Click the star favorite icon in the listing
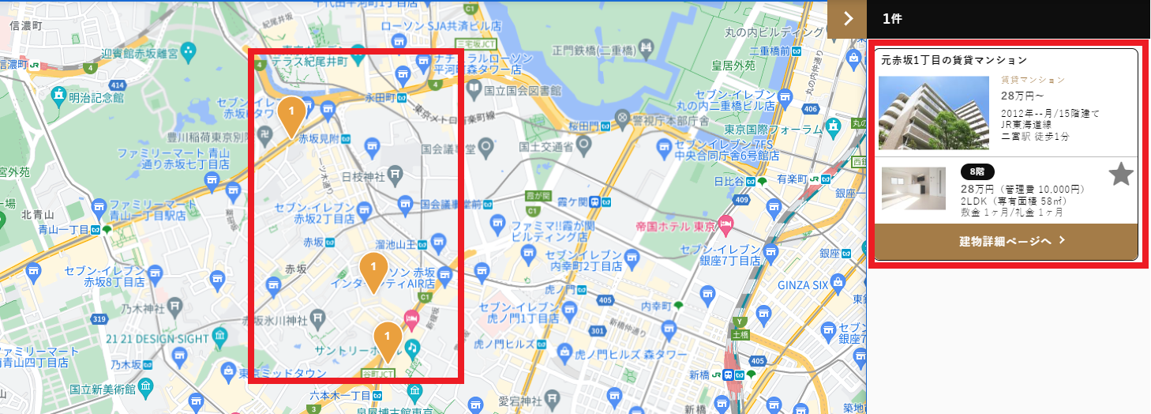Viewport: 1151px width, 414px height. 1120,175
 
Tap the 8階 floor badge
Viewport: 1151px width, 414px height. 977,171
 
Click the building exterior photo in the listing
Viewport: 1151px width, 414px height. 933,112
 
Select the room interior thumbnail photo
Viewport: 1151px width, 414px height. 913,188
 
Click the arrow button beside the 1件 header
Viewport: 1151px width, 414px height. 847,19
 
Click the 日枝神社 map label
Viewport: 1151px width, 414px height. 366,175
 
